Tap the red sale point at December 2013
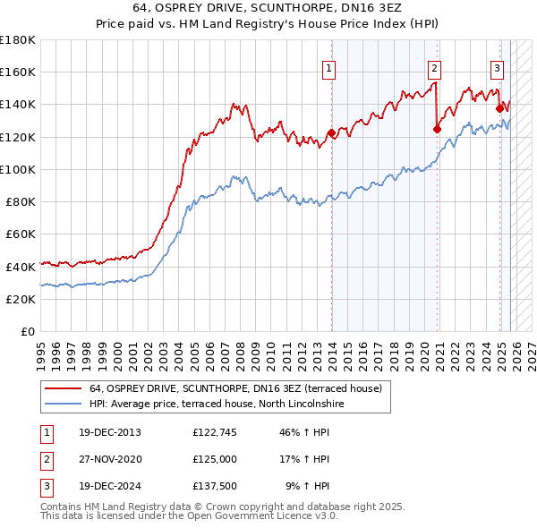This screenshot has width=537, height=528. point(331,132)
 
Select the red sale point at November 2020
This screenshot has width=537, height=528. point(437,129)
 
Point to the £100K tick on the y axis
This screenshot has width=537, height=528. point(18,169)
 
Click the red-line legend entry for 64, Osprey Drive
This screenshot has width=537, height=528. point(235,388)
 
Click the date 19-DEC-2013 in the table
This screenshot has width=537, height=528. point(109,432)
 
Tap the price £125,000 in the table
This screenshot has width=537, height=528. point(215,459)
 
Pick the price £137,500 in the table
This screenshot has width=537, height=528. point(215,486)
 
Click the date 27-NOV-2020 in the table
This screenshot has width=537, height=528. point(109,459)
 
